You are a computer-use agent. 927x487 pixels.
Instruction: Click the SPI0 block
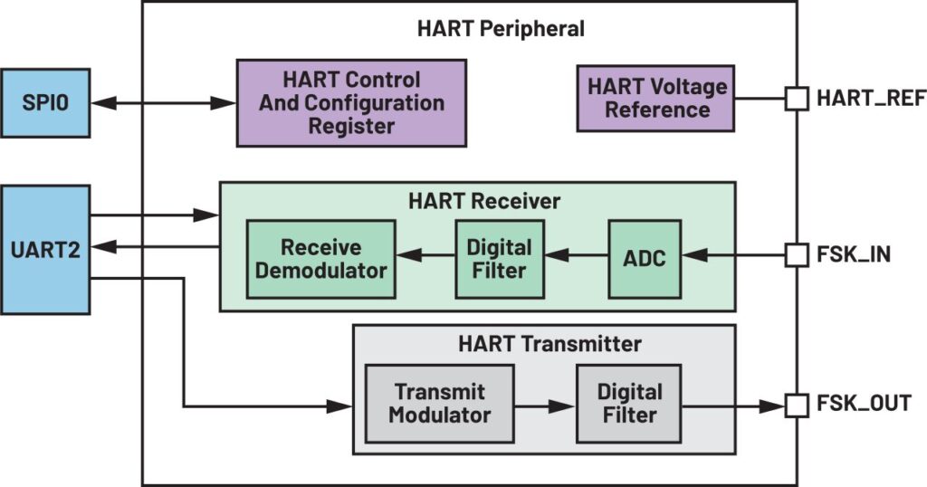click(45, 103)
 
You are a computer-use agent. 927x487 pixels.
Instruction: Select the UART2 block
click(45, 250)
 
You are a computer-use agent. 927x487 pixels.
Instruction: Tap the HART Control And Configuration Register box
click(351, 103)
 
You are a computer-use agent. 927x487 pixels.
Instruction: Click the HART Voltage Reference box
click(655, 98)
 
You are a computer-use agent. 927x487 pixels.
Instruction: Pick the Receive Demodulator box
click(321, 259)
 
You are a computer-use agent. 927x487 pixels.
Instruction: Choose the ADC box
click(645, 259)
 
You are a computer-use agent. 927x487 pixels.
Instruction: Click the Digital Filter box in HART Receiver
click(500, 259)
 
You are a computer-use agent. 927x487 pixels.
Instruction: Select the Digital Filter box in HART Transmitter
click(629, 404)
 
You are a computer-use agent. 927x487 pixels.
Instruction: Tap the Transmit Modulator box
click(439, 404)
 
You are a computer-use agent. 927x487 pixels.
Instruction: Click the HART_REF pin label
click(871, 98)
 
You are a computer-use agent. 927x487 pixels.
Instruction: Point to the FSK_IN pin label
click(853, 254)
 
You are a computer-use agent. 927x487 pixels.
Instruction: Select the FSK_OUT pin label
click(864, 404)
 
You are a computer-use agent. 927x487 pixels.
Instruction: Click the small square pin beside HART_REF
click(797, 98)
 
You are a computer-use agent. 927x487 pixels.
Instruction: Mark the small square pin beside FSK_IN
click(797, 255)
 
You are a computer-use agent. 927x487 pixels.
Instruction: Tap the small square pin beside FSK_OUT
click(797, 406)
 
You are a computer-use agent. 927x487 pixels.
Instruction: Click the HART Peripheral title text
click(501, 28)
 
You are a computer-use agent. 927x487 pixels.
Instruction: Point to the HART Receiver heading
click(484, 201)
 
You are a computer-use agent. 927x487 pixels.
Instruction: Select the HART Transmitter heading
click(550, 344)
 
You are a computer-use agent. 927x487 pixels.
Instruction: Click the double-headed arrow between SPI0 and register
click(163, 103)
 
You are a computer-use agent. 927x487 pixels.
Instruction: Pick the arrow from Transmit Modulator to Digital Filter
click(544, 406)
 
